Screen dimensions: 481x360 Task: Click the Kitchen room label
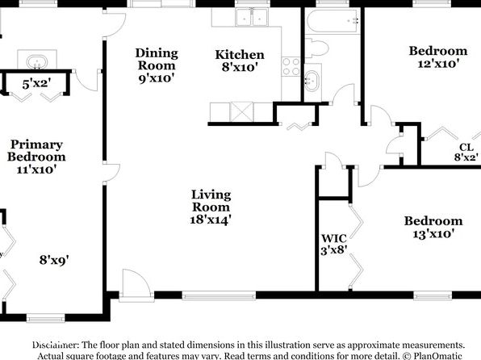pos(240,61)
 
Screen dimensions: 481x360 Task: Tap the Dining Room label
pos(157,65)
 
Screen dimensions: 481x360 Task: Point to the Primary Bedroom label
pos(36,157)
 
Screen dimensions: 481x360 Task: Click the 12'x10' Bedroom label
pos(438,57)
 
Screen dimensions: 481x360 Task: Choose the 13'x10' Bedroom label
pos(433,227)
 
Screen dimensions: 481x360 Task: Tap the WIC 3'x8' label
pos(334,245)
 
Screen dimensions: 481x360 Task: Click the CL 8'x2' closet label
pos(466,152)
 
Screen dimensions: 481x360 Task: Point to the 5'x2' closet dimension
pos(36,83)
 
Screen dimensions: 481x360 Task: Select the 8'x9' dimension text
pos(54,260)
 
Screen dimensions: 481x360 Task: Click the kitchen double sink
pos(252,17)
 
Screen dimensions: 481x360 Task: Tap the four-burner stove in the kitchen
pos(291,67)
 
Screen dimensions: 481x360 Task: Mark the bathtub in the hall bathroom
pos(333,21)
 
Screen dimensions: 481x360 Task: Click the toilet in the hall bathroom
pos(316,48)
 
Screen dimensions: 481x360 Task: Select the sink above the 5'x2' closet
pos(37,62)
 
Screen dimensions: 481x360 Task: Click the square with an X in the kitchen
pos(241,112)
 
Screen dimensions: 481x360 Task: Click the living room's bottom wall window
pos(219,295)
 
